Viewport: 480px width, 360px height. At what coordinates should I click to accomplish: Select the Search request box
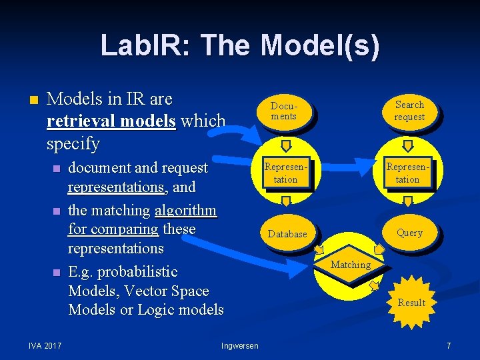(409, 111)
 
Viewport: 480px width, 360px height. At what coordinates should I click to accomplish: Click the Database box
(287, 234)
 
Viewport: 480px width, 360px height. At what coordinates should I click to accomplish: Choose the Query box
(409, 233)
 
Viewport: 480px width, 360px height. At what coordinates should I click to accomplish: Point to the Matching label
(351, 265)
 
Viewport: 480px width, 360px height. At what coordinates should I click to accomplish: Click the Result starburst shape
(411, 303)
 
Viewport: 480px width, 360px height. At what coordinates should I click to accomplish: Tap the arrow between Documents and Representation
(285, 145)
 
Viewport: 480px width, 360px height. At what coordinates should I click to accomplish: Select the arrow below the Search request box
(408, 145)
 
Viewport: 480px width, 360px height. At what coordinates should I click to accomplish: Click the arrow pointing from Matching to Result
(375, 285)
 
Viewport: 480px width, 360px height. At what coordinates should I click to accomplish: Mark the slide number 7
(449, 345)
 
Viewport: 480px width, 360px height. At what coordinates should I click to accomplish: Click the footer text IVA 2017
(45, 345)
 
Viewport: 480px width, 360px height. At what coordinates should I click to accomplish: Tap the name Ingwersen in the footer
(239, 345)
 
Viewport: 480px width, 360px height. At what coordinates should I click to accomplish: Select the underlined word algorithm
(185, 211)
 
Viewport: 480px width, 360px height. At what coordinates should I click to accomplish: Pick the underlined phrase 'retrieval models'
(111, 121)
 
